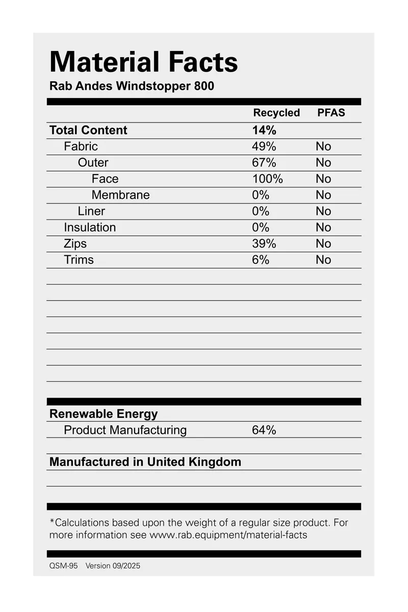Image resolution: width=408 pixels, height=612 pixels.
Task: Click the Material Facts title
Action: (x=143, y=62)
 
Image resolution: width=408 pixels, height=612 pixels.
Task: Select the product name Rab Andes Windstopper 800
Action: (x=132, y=86)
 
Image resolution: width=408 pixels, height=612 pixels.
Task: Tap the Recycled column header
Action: (x=276, y=113)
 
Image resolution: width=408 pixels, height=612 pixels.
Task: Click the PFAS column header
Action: (x=331, y=113)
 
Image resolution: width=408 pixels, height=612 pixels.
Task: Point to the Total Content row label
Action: (x=88, y=130)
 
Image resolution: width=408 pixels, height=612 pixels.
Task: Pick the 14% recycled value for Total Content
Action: (x=264, y=130)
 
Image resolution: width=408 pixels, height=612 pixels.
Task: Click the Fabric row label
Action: (x=81, y=146)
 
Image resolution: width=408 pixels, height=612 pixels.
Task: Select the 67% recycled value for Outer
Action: (x=264, y=163)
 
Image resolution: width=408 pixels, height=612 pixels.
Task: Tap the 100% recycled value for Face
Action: (x=267, y=179)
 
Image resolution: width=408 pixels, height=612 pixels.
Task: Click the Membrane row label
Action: (x=120, y=195)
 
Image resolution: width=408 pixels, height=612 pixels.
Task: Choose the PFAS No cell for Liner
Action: (x=323, y=211)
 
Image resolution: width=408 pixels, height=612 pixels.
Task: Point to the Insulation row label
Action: (x=90, y=227)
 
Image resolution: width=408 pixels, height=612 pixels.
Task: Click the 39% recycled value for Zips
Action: (x=264, y=243)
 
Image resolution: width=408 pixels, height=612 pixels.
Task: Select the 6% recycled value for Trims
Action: (x=260, y=260)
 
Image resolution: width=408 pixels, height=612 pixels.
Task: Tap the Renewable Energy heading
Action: (x=104, y=414)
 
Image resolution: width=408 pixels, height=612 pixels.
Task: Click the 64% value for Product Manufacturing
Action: (x=264, y=430)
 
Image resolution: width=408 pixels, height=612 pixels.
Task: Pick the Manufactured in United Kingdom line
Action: (x=145, y=462)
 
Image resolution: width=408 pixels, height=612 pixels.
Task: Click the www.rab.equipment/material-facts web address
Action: (x=228, y=535)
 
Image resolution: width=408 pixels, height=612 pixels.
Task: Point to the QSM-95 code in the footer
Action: (x=63, y=566)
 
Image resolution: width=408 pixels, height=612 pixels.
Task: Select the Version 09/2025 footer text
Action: (x=113, y=566)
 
